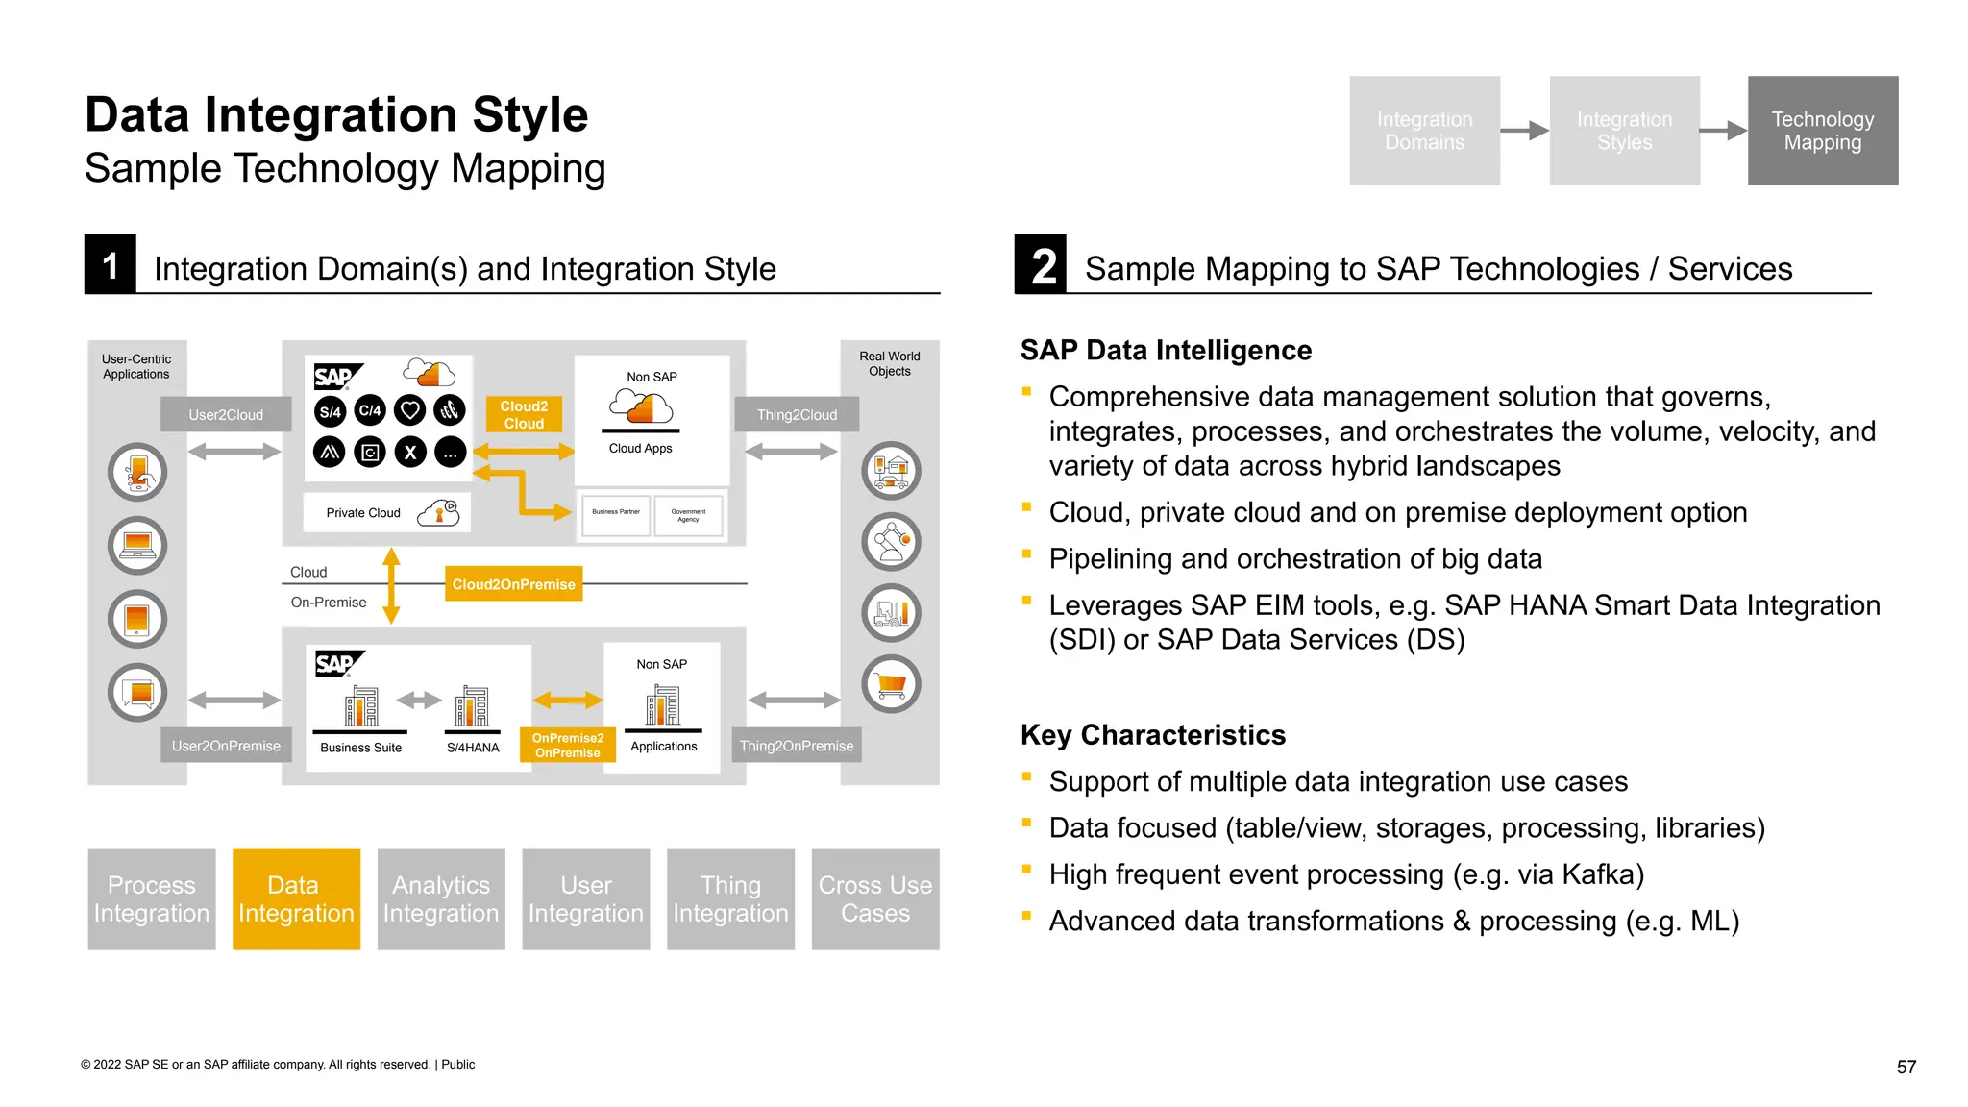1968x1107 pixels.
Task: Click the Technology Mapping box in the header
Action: click(x=1822, y=131)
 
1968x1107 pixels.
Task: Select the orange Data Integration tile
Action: click(x=296, y=898)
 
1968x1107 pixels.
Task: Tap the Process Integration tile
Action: click(x=152, y=898)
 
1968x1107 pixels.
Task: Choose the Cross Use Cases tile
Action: click(x=874, y=898)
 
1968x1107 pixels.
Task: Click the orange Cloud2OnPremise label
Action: click(x=513, y=584)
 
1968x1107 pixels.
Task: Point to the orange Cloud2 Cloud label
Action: click(x=524, y=414)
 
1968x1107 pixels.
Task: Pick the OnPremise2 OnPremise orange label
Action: click(x=567, y=746)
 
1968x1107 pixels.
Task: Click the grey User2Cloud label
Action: click(x=226, y=414)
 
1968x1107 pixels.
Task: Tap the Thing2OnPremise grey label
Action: click(x=796, y=746)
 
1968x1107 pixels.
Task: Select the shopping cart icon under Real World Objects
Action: click(x=891, y=684)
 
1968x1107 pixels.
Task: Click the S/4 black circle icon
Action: click(x=330, y=411)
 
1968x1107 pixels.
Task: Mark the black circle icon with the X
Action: click(x=410, y=452)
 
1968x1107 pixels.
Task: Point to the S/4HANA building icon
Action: click(x=472, y=707)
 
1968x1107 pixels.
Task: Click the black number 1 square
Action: click(x=111, y=264)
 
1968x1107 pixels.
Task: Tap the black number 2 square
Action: click(x=1041, y=264)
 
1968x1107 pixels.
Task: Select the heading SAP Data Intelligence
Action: click(x=1166, y=350)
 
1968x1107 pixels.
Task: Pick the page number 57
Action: click(x=1906, y=1067)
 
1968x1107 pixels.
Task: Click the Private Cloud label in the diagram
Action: click(x=363, y=513)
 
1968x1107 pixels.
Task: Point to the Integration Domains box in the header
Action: click(x=1424, y=131)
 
